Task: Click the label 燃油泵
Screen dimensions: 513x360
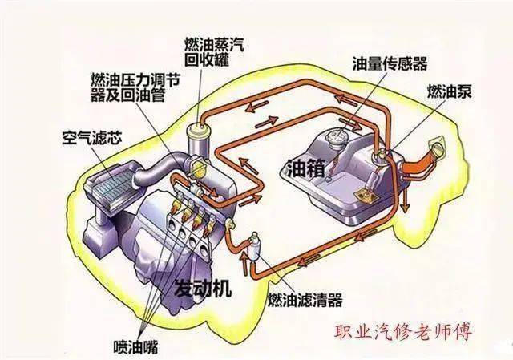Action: point(449,91)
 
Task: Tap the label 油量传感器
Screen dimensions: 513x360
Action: point(390,63)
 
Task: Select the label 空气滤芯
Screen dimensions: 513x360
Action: point(92,138)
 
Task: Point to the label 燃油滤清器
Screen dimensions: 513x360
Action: point(305,299)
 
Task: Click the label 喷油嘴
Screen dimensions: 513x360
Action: point(135,346)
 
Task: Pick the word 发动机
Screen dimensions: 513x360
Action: point(204,288)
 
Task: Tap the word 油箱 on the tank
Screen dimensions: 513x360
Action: point(306,168)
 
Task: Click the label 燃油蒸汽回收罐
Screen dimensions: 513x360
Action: point(214,52)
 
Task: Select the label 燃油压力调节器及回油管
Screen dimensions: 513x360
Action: point(135,87)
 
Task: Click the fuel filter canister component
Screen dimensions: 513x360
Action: point(254,247)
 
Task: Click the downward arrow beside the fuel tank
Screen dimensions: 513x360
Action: point(406,200)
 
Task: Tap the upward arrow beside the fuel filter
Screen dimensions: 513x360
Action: point(244,261)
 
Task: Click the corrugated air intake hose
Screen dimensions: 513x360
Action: point(162,168)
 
